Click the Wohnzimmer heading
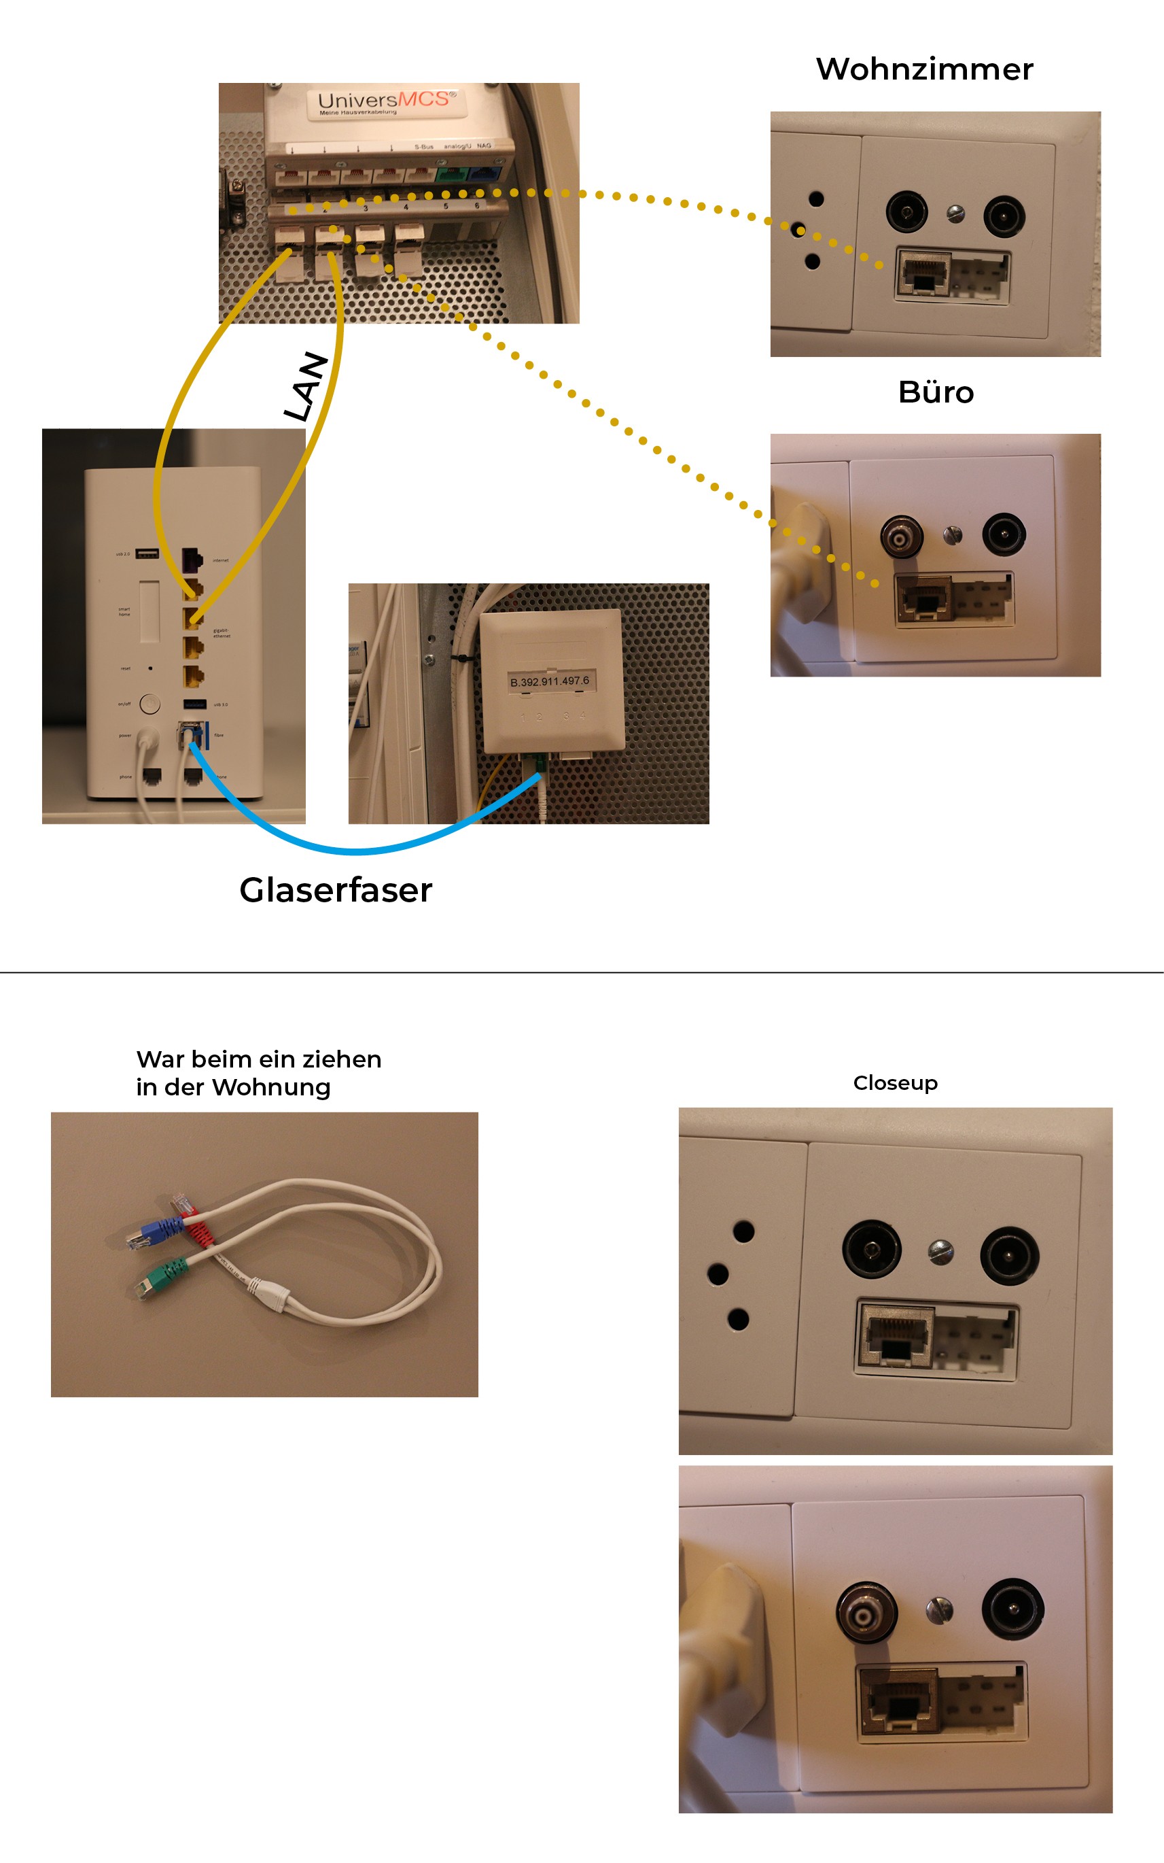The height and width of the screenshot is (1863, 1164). [x=924, y=69]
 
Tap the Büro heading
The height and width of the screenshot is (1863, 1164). [x=936, y=393]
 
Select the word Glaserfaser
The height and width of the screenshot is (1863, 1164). [x=336, y=890]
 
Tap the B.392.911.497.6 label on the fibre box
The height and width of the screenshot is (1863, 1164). [x=549, y=681]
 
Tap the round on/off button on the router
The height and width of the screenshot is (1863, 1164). [x=150, y=702]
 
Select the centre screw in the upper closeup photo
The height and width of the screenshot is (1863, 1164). [x=940, y=1252]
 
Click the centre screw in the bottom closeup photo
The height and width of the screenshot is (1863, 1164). [x=939, y=1609]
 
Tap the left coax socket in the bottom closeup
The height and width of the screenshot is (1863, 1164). [x=867, y=1613]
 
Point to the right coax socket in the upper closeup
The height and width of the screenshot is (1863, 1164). [x=1009, y=1255]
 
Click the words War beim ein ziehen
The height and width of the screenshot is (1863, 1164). [x=259, y=1060]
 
